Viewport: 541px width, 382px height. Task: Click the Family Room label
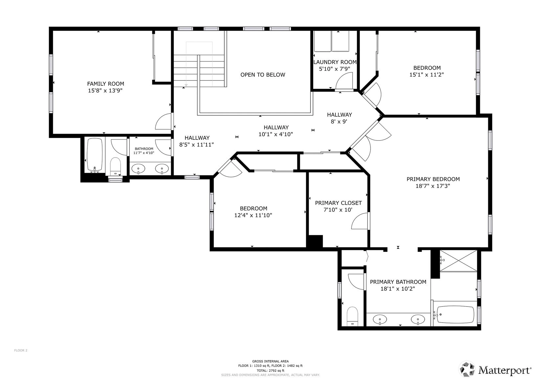(x=105, y=84)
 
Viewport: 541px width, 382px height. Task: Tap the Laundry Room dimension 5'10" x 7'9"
(x=334, y=69)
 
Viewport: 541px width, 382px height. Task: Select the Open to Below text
(x=263, y=75)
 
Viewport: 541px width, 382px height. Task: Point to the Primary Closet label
(x=338, y=203)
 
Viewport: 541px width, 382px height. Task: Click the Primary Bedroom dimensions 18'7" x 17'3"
(x=433, y=186)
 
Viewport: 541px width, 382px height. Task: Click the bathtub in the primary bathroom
(x=456, y=315)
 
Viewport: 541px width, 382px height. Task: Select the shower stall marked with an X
(x=459, y=261)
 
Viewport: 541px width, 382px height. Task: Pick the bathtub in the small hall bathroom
(x=95, y=155)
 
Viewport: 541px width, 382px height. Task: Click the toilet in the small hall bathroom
(x=115, y=166)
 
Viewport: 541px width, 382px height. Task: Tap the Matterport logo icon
(x=467, y=369)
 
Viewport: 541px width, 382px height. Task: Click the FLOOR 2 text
(x=21, y=350)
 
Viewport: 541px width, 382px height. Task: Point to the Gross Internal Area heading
(x=270, y=361)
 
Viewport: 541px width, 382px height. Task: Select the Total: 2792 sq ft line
(x=270, y=371)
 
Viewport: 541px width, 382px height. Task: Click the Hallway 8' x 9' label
(x=339, y=118)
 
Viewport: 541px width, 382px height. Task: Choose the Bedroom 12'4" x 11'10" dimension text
(x=253, y=215)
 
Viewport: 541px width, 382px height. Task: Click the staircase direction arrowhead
(x=186, y=85)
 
